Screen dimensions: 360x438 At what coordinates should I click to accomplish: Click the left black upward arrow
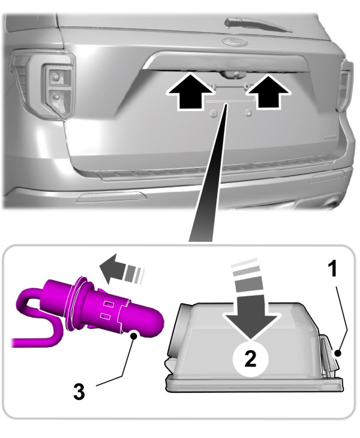click(x=190, y=92)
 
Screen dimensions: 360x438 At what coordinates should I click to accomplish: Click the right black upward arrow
click(x=268, y=92)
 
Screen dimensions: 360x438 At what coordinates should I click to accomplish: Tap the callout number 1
click(x=332, y=268)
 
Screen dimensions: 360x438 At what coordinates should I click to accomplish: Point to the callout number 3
click(x=79, y=391)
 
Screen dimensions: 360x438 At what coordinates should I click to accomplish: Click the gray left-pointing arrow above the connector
click(x=121, y=269)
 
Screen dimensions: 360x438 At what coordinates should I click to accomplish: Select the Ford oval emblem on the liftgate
click(x=235, y=41)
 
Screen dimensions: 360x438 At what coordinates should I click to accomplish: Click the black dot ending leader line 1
click(x=338, y=353)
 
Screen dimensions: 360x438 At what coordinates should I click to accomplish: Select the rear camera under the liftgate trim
click(x=232, y=74)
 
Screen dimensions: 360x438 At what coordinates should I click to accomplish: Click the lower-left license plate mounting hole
click(x=214, y=113)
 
